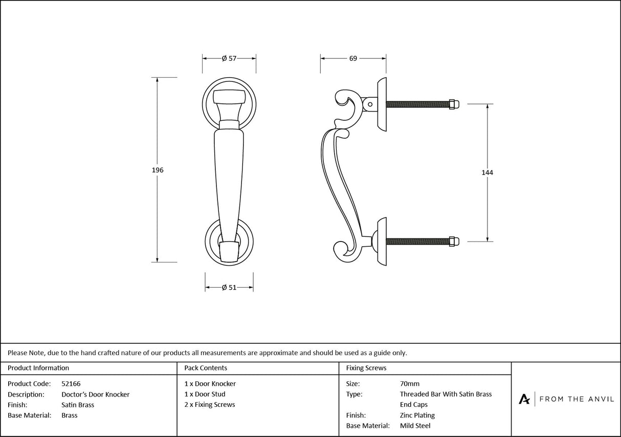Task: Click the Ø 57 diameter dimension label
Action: pos(229,58)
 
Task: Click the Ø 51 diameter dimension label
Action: pos(229,288)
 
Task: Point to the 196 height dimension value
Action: pos(158,170)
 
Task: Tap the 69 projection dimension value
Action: pos(353,58)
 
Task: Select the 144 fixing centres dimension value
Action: pos(487,172)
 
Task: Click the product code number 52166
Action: pos(71,383)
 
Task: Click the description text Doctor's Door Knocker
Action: pos(95,394)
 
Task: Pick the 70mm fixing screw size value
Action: pos(409,383)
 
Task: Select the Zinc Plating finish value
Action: pos(417,415)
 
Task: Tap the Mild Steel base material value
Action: pos(415,426)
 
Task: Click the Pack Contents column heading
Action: pos(206,367)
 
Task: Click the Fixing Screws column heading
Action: pos(366,367)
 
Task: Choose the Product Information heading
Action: pos(38,367)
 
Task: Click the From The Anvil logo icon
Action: pos(524,399)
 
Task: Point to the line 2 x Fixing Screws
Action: pos(210,404)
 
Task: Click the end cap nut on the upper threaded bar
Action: pos(453,104)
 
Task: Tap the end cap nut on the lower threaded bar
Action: pos(453,241)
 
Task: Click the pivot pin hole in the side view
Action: pos(370,104)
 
